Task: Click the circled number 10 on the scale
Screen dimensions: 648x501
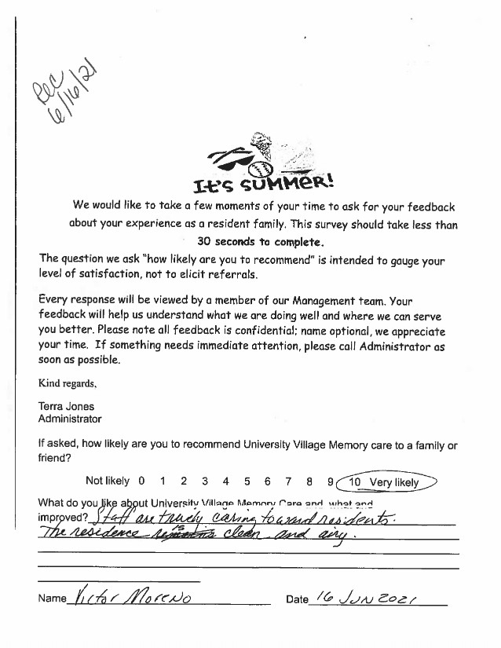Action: [355, 482]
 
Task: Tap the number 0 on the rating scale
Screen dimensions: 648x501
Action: [141, 481]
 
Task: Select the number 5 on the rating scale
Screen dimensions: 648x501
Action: [247, 481]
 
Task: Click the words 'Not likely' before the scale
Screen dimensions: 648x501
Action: [107, 481]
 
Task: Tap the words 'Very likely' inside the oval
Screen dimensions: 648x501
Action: [394, 482]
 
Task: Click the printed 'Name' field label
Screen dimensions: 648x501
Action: [52, 599]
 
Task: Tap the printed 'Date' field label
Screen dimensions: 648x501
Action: [297, 599]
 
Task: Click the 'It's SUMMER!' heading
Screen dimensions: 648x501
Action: [264, 185]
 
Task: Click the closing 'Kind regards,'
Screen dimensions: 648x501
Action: [68, 384]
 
